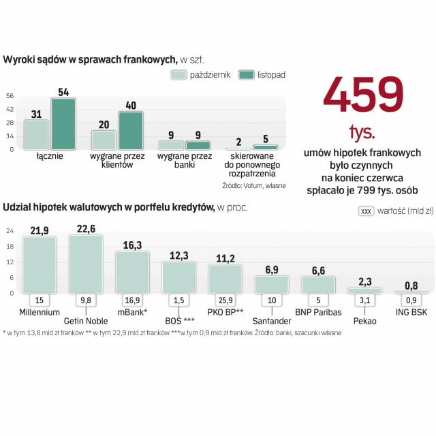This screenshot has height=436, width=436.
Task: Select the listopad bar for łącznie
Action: click(x=63, y=123)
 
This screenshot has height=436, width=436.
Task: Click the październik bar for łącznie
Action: click(x=36, y=134)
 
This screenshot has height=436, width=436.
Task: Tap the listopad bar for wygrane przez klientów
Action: click(x=131, y=130)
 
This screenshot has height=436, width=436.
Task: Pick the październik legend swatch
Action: click(x=178, y=76)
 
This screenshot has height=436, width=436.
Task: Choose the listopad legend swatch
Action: click(x=246, y=76)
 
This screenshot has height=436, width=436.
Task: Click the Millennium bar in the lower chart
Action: click(x=39, y=264)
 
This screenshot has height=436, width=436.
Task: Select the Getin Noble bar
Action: click(x=86, y=264)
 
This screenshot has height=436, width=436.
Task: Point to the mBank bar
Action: click(x=131, y=272)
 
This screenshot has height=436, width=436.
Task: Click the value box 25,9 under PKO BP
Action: click(x=225, y=299)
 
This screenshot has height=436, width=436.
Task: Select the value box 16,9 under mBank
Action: click(x=131, y=299)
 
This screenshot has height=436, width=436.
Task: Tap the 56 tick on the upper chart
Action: click(x=10, y=95)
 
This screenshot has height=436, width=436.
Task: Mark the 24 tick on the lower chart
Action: click(x=10, y=230)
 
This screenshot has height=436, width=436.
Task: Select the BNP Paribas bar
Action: click(x=318, y=284)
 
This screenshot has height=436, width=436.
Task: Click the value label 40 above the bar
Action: click(x=131, y=105)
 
